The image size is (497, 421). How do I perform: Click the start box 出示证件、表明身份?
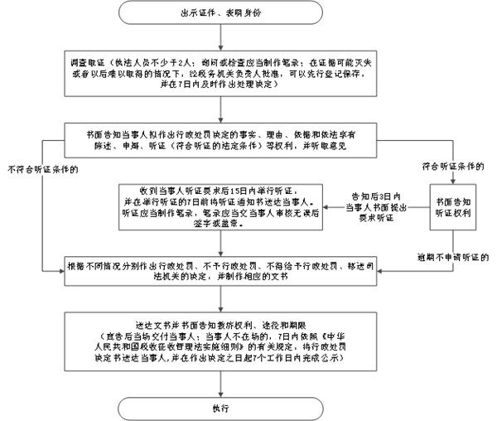[x=219, y=14]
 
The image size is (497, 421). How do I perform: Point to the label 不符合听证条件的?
[x=44, y=172]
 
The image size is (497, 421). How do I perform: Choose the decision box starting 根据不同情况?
[x=219, y=271]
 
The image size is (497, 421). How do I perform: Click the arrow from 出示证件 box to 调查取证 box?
[x=219, y=37]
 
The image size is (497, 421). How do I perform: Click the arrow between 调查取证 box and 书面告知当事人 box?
[x=219, y=109]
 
